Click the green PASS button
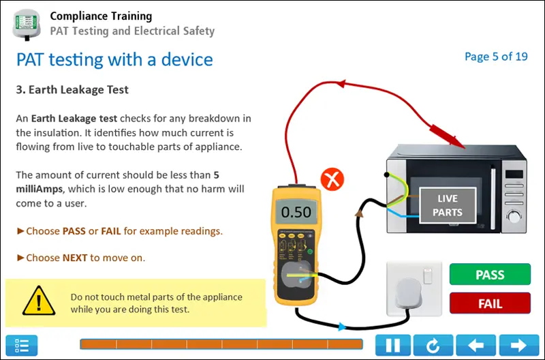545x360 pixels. click(490, 275)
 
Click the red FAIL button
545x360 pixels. click(490, 303)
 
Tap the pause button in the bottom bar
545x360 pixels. click(393, 346)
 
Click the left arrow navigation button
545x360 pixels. click(475, 346)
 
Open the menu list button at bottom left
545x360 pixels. click(22, 346)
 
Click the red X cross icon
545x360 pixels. click(332, 181)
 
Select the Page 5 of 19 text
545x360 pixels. click(496, 57)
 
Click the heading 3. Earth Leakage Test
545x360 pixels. click(72, 89)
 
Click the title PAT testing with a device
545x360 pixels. click(114, 59)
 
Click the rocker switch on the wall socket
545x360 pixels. click(428, 276)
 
